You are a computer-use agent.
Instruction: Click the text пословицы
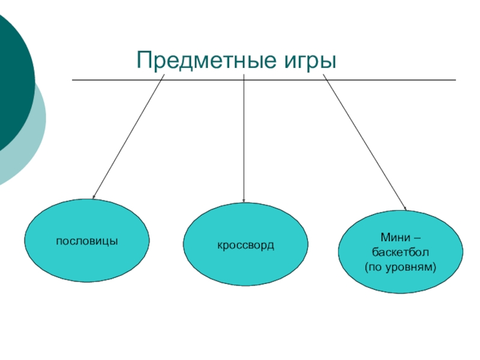(86, 241)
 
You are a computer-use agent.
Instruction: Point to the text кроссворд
(245, 245)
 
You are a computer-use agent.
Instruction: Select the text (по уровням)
(401, 265)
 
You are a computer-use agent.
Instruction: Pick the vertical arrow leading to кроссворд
(244, 138)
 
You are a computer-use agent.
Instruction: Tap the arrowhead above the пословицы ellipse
(94, 196)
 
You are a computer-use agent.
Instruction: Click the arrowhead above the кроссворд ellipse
(244, 200)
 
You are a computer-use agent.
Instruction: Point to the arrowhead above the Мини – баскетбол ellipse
(404, 208)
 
